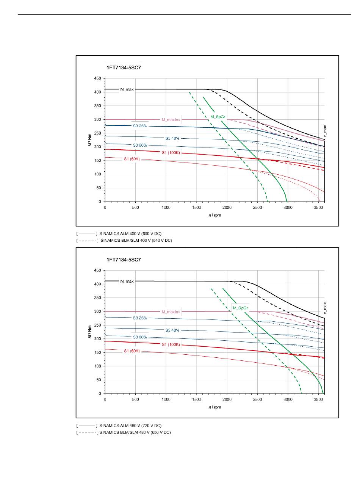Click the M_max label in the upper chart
[x=127, y=89]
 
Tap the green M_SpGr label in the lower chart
[x=240, y=308]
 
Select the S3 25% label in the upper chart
[x=140, y=126]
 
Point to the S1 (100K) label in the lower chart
[x=171, y=344]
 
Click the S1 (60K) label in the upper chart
[x=131, y=159]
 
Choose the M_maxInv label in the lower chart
[x=171, y=311]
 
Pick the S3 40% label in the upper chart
[x=172, y=138]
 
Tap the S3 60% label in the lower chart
[x=140, y=337]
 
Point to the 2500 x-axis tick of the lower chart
[x=257, y=399]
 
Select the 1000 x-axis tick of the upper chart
[x=166, y=208]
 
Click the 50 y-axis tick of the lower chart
[x=99, y=380]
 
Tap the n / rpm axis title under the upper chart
[x=215, y=215]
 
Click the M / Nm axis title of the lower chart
[x=89, y=332]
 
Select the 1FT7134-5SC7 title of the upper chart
[x=124, y=67]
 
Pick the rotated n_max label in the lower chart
[x=325, y=308]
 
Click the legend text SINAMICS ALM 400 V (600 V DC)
[x=130, y=233]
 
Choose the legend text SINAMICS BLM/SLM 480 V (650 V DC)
[x=135, y=432]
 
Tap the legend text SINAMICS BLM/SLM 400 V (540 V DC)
[x=136, y=240]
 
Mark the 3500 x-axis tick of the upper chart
[x=318, y=208]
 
